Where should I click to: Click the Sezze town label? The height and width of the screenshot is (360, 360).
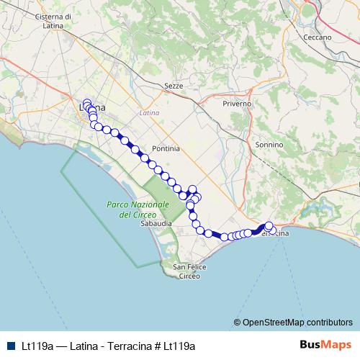(174, 86)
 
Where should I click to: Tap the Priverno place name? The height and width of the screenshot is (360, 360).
(237, 104)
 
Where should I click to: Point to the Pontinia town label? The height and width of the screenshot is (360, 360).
(166, 148)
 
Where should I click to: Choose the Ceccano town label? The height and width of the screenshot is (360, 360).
(318, 37)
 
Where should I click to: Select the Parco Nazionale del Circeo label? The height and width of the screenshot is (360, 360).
(138, 210)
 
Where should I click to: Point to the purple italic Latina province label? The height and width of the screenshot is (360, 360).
(149, 113)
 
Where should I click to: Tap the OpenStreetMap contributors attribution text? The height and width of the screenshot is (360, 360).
(297, 322)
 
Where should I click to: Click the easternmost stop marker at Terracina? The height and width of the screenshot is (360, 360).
(273, 231)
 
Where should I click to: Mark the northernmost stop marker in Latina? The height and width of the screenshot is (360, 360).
(87, 102)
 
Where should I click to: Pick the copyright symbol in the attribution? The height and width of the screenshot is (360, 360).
(237, 322)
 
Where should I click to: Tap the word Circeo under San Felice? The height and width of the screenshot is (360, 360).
(190, 276)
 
